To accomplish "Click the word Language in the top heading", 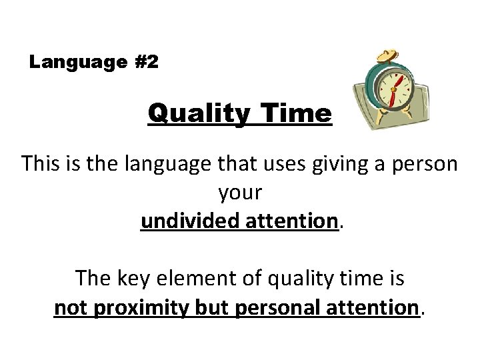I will coord(69,63).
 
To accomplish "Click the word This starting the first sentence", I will coord(42,164).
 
